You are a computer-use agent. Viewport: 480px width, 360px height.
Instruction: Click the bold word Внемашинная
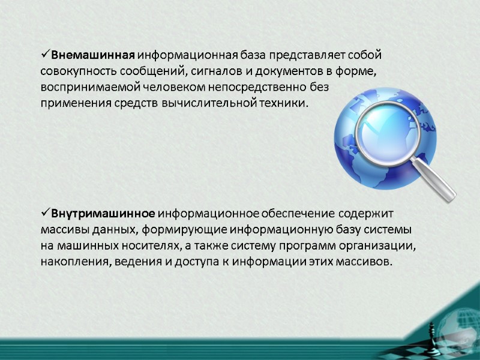click(92, 56)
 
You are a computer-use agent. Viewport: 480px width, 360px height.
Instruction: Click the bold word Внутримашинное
click(103, 214)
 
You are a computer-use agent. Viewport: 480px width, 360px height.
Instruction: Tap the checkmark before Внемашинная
click(46, 55)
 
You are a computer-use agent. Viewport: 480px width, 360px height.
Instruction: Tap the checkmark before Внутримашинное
click(46, 213)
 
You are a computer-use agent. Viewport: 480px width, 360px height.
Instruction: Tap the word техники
click(284, 103)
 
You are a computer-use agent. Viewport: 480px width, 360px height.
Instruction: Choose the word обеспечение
click(296, 214)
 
